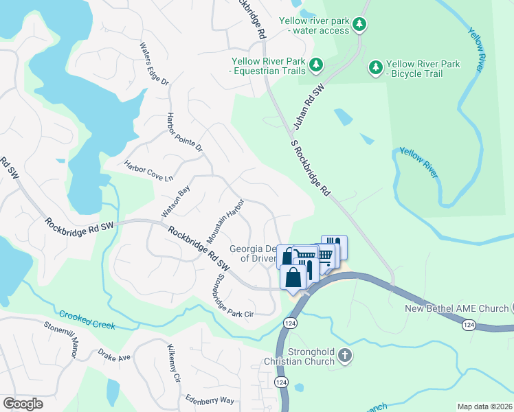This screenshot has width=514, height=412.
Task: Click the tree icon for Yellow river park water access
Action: (x=359, y=25)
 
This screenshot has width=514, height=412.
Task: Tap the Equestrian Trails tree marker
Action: (x=315, y=65)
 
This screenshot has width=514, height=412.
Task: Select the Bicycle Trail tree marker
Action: (x=375, y=67)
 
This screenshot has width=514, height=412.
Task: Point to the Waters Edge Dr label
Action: (x=154, y=64)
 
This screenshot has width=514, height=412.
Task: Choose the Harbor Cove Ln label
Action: (x=148, y=171)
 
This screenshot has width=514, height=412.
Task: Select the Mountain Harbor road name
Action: (x=227, y=218)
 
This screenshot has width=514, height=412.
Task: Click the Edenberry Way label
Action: (x=210, y=400)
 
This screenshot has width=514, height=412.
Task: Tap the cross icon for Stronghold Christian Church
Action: (x=345, y=356)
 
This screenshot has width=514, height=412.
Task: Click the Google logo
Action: (x=23, y=404)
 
